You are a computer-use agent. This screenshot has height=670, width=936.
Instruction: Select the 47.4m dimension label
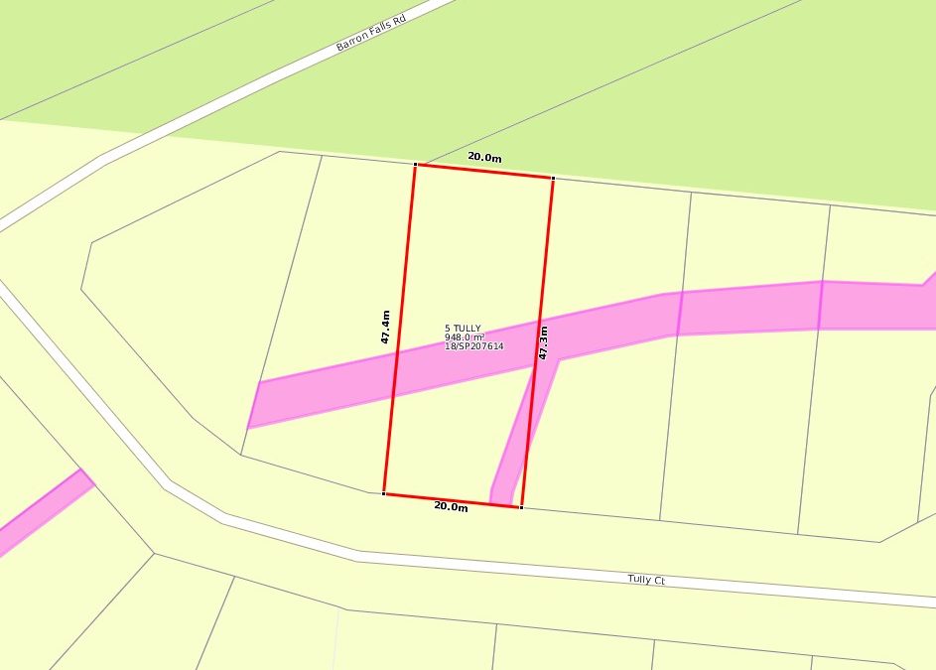[x=385, y=328]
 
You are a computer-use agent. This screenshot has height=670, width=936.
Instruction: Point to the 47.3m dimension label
[x=543, y=341]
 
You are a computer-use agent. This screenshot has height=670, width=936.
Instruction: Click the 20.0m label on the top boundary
[x=484, y=157]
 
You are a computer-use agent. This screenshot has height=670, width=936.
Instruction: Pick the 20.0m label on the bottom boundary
[x=451, y=507]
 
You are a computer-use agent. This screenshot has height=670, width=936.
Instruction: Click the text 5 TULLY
[x=463, y=329]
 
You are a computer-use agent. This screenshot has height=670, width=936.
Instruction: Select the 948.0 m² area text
[x=465, y=337]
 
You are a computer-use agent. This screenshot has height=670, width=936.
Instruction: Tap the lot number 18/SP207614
[x=474, y=346]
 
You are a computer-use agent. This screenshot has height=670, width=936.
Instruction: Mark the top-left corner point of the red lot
[x=416, y=164]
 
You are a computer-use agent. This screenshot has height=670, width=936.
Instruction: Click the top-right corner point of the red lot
[x=552, y=179]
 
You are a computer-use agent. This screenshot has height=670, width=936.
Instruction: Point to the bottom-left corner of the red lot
[x=384, y=492]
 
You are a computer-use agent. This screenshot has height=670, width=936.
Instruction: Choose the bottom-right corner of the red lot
[x=521, y=507]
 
